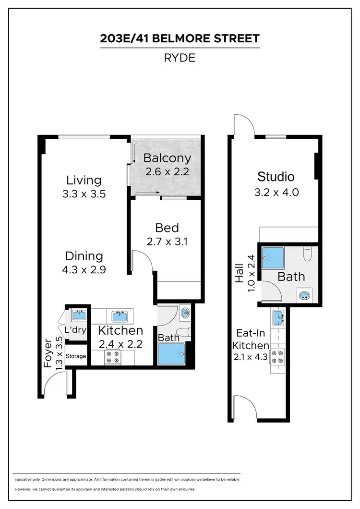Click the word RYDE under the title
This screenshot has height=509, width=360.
pyautogui.click(x=180, y=58)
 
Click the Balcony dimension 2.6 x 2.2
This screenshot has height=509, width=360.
pyautogui.click(x=167, y=171)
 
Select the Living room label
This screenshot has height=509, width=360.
pyautogui.click(x=84, y=180)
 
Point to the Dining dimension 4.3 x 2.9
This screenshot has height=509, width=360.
pyautogui.click(x=84, y=269)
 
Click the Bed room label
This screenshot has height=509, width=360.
pyautogui.click(x=167, y=228)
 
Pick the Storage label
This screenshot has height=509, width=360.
pyautogui.click(x=76, y=356)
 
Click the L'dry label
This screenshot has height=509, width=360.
pyautogui.click(x=75, y=330)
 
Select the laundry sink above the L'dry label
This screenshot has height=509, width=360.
pyautogui.click(x=78, y=315)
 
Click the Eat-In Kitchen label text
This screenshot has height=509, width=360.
pyautogui.click(x=250, y=339)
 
